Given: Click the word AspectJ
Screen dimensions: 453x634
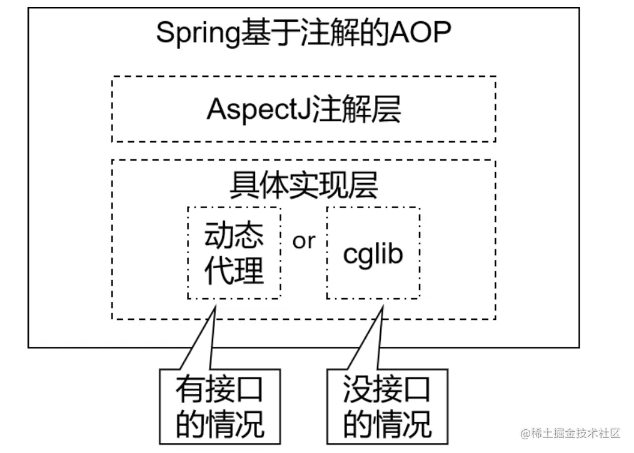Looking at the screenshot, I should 254,110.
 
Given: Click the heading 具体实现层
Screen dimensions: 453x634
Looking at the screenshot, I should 304,184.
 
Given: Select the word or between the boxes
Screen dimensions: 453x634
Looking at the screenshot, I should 304,241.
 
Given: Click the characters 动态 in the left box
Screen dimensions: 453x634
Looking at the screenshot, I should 234,234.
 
